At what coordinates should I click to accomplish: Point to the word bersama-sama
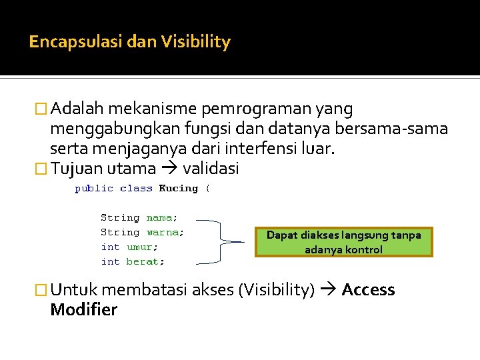click(x=401, y=128)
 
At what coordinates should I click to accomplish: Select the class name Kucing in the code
click(x=178, y=189)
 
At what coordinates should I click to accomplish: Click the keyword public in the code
click(x=93, y=189)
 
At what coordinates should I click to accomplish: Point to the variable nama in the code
click(x=161, y=217)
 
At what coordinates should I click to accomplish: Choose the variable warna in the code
click(x=164, y=232)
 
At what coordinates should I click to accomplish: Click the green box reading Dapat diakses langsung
click(x=343, y=242)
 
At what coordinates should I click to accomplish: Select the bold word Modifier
click(x=83, y=309)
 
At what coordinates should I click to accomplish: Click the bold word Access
click(x=368, y=290)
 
